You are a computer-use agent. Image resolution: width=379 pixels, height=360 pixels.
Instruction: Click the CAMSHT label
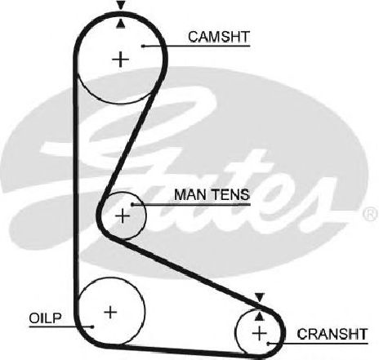coord(219,37)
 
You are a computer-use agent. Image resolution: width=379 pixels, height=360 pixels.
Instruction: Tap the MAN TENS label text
coord(212,194)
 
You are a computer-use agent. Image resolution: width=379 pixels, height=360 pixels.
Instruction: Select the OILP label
coord(45,318)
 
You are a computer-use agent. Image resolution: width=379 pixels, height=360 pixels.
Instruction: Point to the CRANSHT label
coord(332,334)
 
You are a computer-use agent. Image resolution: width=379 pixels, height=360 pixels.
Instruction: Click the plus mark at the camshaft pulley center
coord(120,60)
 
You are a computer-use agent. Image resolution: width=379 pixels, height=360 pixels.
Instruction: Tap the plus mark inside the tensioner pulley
coord(123,216)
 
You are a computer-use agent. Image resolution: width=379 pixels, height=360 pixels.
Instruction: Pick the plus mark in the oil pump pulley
coord(110,312)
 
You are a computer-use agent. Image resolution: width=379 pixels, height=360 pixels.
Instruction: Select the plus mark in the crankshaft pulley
coord(259,333)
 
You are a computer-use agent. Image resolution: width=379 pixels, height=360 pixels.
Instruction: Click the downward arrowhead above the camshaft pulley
coord(121,5)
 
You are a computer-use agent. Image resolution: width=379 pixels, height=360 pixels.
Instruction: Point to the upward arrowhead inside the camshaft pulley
coord(121,24)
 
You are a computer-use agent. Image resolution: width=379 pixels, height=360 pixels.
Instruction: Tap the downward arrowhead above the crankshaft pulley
coord(260,297)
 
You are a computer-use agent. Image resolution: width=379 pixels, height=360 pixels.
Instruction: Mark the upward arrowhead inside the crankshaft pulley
coord(260,316)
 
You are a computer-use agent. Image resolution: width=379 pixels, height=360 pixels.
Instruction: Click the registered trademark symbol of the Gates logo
coord(371,214)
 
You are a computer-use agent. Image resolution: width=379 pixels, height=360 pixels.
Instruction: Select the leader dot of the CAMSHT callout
coord(143,46)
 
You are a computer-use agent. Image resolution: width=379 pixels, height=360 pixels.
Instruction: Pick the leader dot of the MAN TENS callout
coord(132,204)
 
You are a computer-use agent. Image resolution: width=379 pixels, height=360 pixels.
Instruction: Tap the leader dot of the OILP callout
coord(92,327)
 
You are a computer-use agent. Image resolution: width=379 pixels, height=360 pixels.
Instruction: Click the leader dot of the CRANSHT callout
coord(268,344)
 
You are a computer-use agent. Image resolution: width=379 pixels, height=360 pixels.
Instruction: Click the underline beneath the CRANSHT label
coord(318,344)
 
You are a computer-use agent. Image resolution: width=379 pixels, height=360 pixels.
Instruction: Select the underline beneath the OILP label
coord(60,327)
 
